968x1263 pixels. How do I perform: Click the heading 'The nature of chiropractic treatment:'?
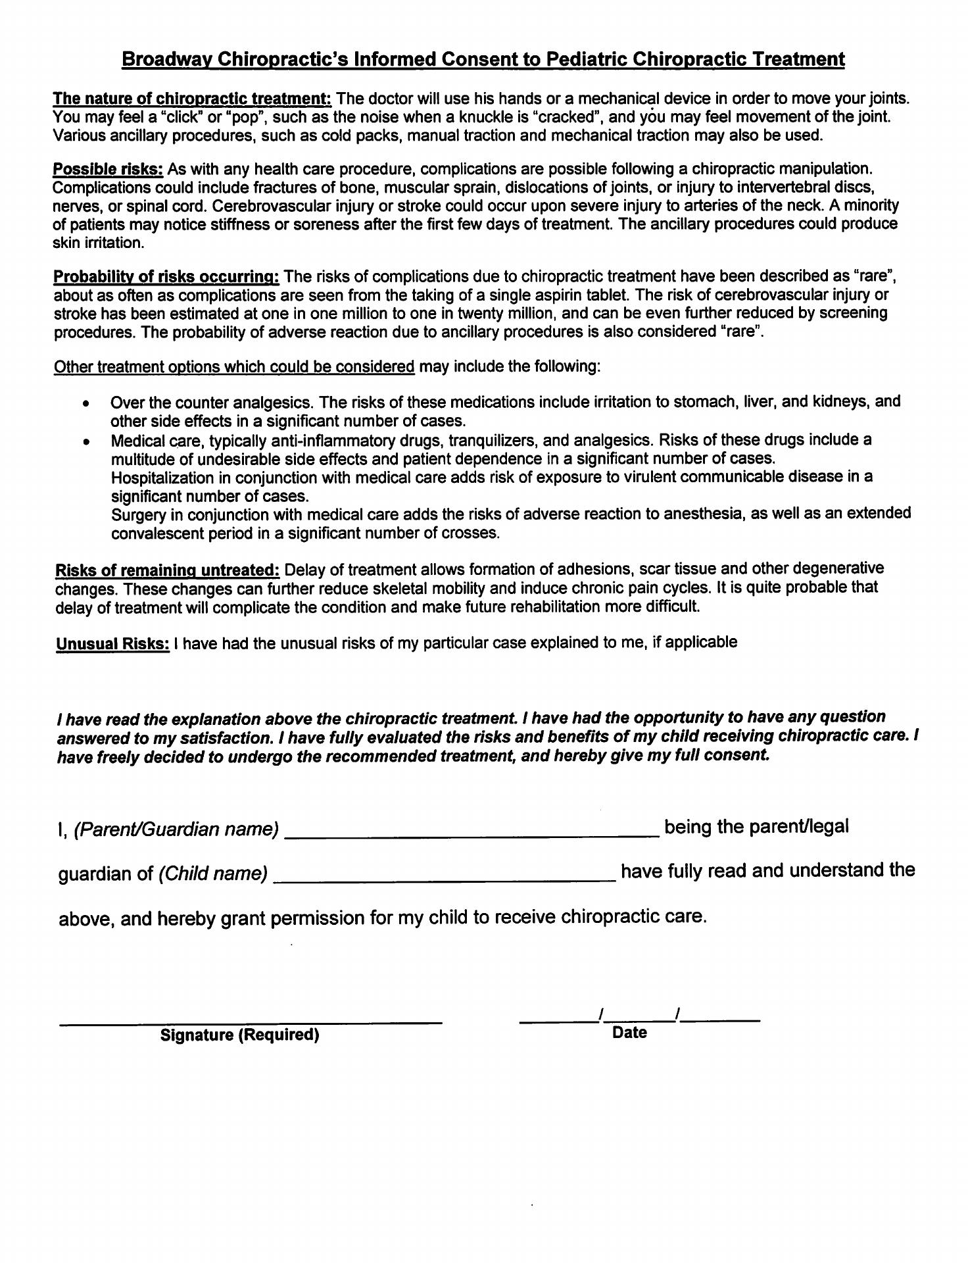pos(192,99)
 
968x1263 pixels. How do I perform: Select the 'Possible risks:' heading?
pos(108,168)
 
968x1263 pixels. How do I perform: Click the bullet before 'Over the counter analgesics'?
pos(86,403)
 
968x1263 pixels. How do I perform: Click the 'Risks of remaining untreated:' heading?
pos(168,569)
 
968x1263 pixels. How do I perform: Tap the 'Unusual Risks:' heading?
pos(112,643)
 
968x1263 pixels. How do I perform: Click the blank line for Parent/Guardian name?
pos(471,834)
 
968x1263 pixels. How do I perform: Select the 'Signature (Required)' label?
pos(240,1035)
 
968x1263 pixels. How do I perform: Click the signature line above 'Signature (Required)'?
pos(250,1022)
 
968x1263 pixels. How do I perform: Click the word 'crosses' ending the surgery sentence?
pos(473,533)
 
